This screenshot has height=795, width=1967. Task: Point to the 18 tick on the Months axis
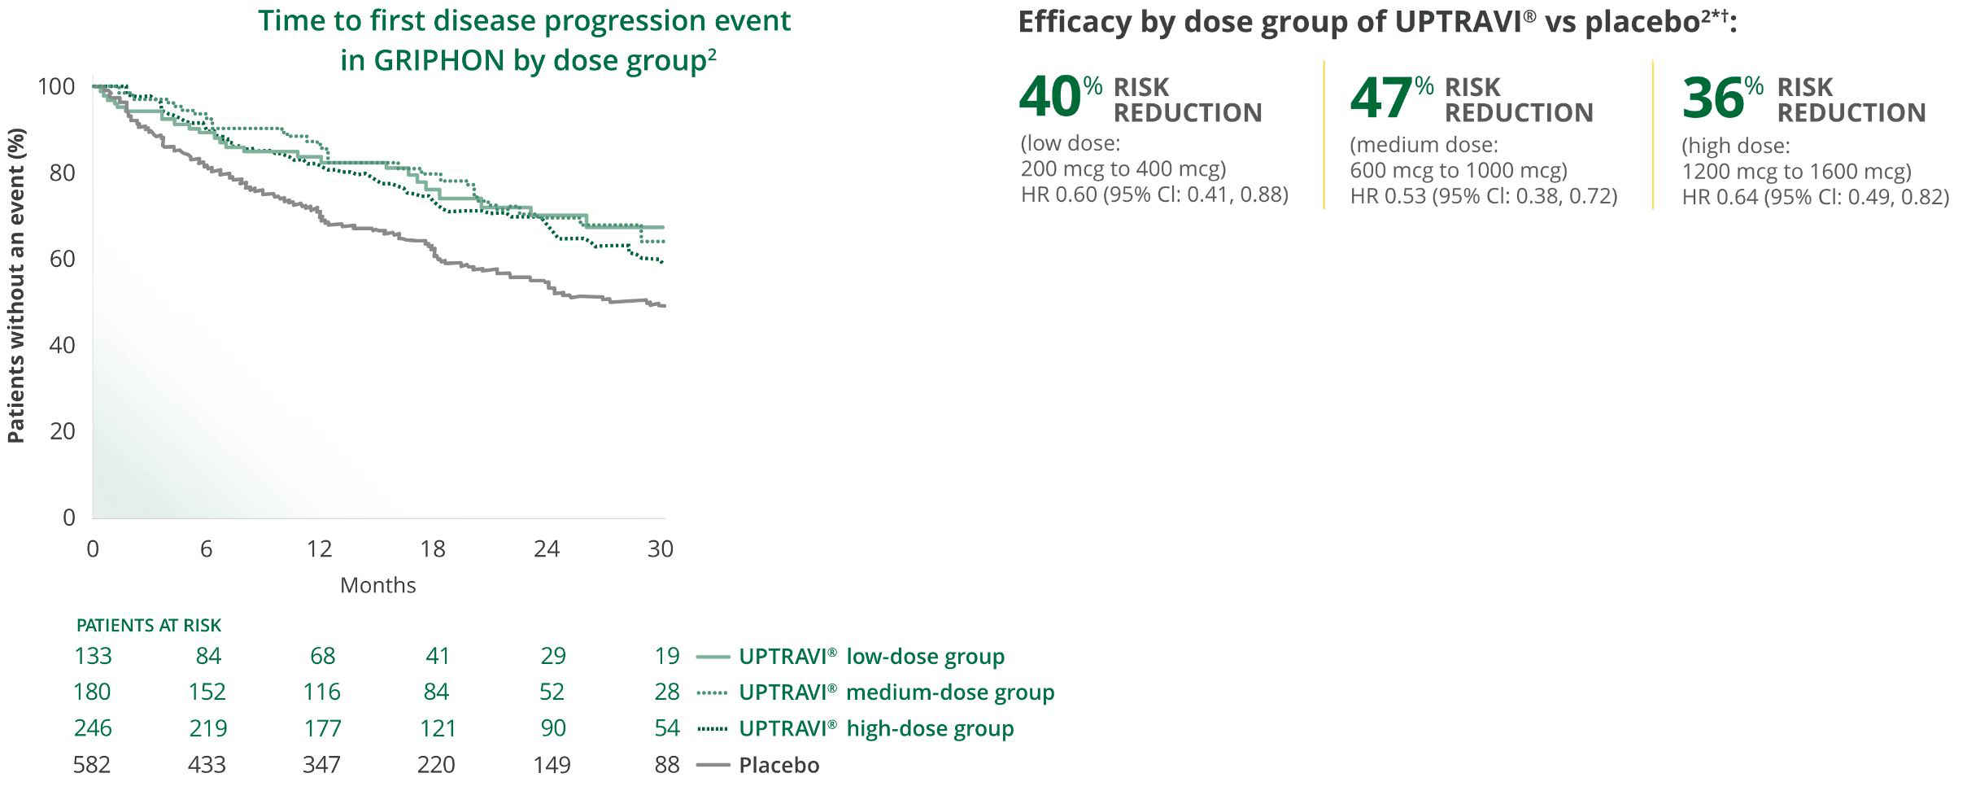tap(433, 549)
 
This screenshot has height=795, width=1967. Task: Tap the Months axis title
tap(377, 585)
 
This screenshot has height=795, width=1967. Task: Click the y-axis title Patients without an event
tap(15, 286)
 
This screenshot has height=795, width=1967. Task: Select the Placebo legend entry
tap(779, 766)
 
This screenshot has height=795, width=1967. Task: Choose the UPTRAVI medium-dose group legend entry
tap(896, 692)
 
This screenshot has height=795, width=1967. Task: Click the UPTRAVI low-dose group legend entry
tap(870, 657)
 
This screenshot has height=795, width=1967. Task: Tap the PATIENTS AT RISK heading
tap(149, 625)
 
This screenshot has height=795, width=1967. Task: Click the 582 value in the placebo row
tap(91, 765)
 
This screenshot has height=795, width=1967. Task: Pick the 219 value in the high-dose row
tap(207, 728)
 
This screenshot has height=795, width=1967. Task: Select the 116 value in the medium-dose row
tap(321, 692)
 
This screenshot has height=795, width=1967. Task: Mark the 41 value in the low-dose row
tap(438, 656)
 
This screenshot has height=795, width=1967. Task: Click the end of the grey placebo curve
tap(664, 306)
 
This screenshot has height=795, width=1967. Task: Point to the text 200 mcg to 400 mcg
tap(1123, 169)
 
